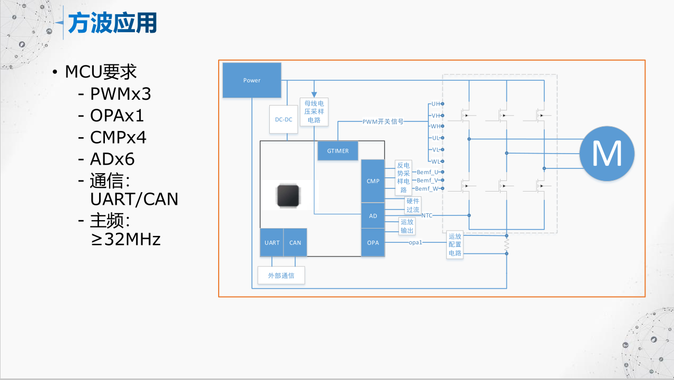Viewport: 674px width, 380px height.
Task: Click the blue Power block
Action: [x=252, y=80]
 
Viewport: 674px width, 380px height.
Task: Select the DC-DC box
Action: [x=284, y=119]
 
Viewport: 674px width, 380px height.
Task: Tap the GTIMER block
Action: [x=338, y=151]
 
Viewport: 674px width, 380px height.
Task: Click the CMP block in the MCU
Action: [x=373, y=181]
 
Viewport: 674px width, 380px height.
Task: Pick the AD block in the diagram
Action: [x=373, y=216]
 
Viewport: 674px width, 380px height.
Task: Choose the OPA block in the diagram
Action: [x=373, y=243]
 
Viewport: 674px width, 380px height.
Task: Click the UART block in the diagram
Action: [x=272, y=243]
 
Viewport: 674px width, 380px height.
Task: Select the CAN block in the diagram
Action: [x=295, y=243]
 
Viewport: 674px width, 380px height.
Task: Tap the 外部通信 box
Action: [x=281, y=275]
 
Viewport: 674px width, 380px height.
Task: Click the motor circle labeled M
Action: [x=607, y=154]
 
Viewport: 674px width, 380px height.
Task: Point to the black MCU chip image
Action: [x=289, y=195]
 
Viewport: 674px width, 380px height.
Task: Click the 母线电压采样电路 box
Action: [x=314, y=111]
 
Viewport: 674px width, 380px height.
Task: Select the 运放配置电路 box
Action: [x=455, y=245]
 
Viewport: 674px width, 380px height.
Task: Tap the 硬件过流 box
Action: [x=413, y=205]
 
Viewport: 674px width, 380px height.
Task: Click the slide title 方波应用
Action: [x=113, y=24]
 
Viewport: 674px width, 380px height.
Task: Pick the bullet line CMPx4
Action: [x=118, y=137]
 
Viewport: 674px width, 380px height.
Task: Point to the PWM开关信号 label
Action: [x=383, y=121]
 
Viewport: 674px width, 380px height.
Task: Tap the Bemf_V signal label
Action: [x=427, y=180]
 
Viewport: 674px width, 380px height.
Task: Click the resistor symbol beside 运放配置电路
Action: [x=506, y=245]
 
